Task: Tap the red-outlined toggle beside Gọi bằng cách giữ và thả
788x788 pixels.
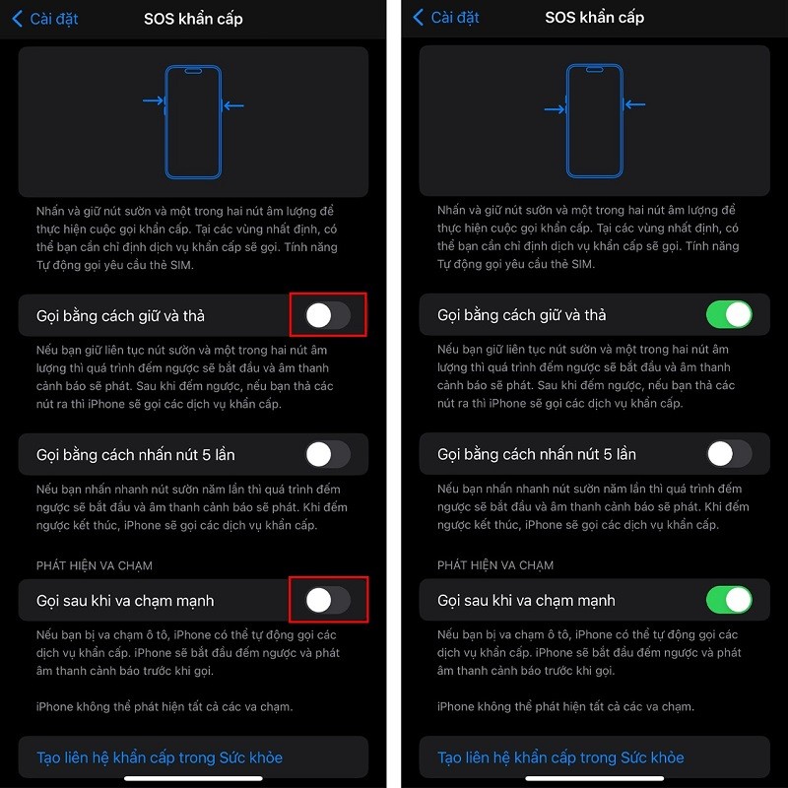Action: [328, 315]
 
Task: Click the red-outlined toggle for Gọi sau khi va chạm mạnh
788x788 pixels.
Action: [328, 600]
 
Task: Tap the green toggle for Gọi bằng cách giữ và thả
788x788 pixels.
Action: [729, 315]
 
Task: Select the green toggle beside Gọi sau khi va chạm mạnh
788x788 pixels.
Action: [729, 600]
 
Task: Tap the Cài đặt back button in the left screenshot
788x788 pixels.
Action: [45, 19]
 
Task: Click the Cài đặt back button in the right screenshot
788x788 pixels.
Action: [446, 19]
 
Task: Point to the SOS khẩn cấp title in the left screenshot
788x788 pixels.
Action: [193, 19]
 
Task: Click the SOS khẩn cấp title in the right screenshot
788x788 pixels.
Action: [594, 19]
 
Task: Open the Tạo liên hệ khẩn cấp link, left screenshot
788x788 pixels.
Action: [160, 757]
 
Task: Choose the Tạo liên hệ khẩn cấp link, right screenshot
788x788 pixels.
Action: [560, 757]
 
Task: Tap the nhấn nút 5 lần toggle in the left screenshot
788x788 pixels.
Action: [328, 454]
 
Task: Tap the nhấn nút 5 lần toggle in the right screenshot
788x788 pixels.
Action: [729, 454]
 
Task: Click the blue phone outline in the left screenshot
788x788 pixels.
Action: [193, 121]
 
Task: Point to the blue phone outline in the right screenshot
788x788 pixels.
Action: [594, 121]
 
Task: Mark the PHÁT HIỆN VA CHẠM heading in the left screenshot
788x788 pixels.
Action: [95, 565]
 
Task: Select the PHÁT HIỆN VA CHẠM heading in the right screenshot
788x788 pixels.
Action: [495, 565]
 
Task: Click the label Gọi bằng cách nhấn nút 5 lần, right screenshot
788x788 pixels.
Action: [537, 454]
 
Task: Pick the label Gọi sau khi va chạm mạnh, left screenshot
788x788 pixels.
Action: [125, 600]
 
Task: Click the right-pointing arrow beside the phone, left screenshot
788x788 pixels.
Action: [153, 100]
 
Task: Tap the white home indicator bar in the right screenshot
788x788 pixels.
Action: [594, 779]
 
